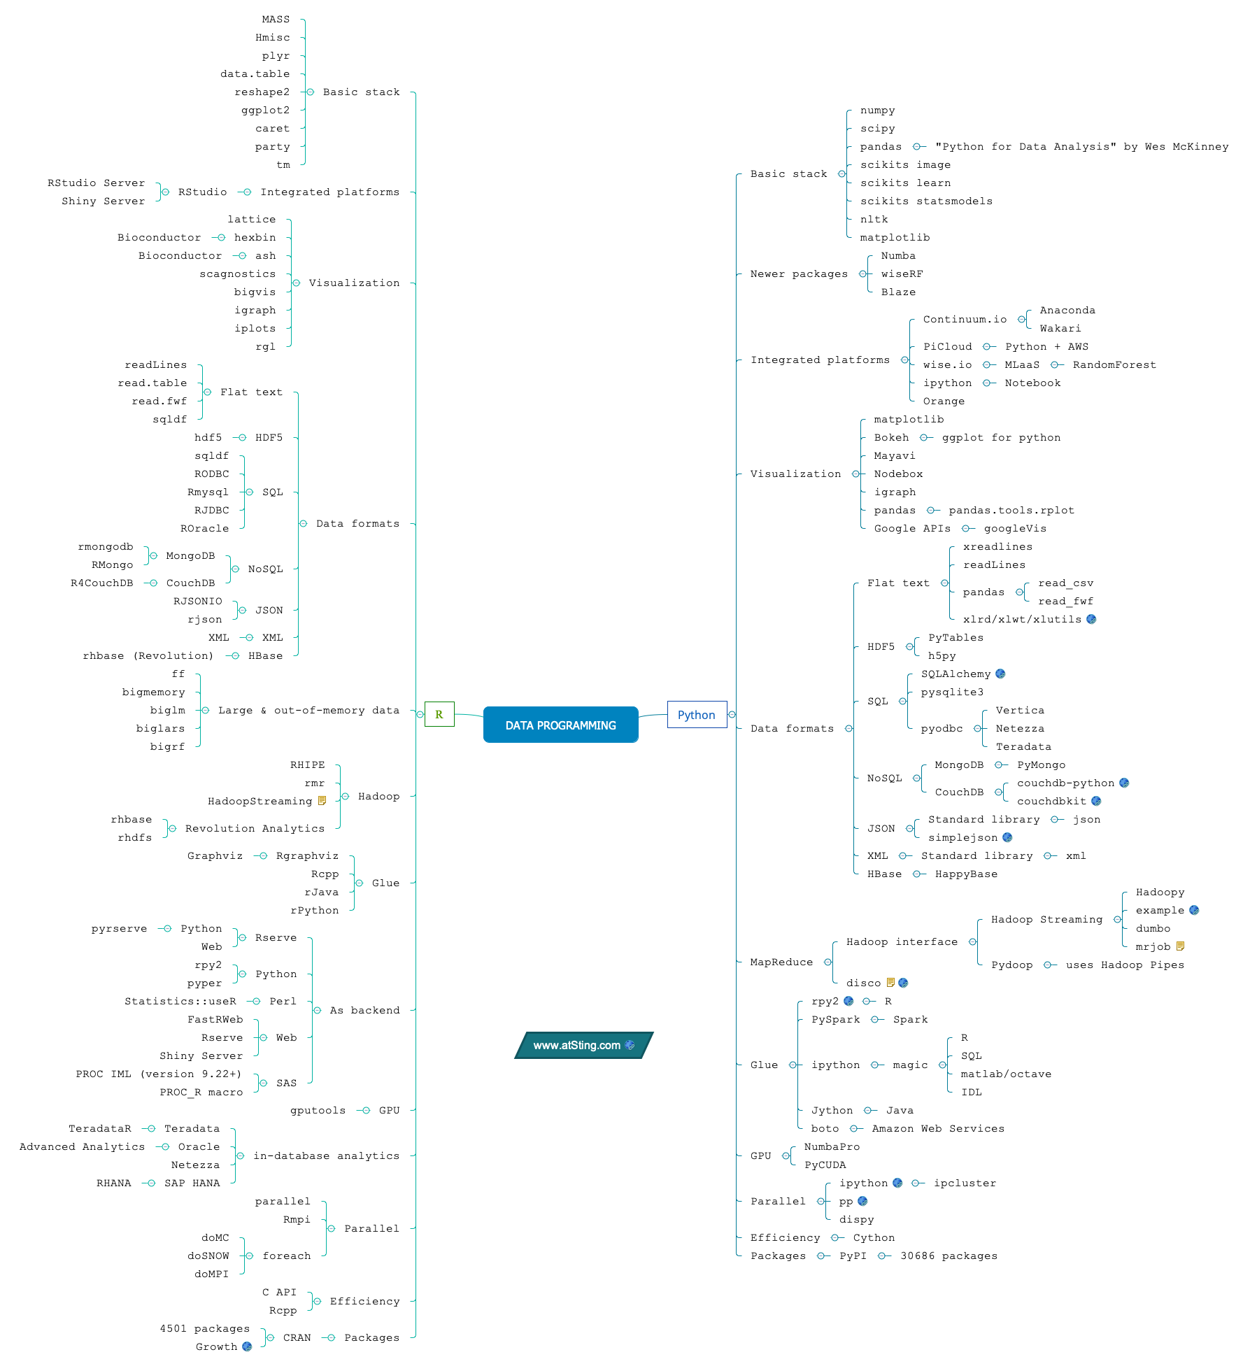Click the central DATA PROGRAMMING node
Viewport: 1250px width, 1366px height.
pos(560,725)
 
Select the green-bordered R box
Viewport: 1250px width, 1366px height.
pos(439,714)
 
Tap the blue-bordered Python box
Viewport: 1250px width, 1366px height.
pos(697,715)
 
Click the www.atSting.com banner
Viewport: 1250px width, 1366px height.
pos(583,1045)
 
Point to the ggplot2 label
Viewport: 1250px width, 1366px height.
pos(265,111)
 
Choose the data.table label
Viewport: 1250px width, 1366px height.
pos(255,74)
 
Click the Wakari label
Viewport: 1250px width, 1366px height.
pos(1060,329)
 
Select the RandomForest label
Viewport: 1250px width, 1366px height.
pos(1114,365)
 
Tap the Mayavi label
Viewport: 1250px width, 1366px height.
pos(894,456)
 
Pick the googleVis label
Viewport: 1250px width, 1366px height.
pos(1015,529)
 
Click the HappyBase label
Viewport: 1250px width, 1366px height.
pos(966,874)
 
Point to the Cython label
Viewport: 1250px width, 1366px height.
pos(874,1238)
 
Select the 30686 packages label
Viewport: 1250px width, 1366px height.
pos(949,1256)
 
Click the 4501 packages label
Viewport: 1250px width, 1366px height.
pos(204,1329)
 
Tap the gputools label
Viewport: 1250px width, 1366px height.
pos(318,1111)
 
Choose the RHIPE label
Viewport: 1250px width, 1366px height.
pos(308,765)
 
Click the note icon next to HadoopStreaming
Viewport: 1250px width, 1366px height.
pos(322,801)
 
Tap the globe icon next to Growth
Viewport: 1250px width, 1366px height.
pos(247,1346)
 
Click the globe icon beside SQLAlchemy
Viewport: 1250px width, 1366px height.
pos(1000,674)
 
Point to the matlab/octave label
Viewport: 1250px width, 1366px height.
pos(1006,1074)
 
